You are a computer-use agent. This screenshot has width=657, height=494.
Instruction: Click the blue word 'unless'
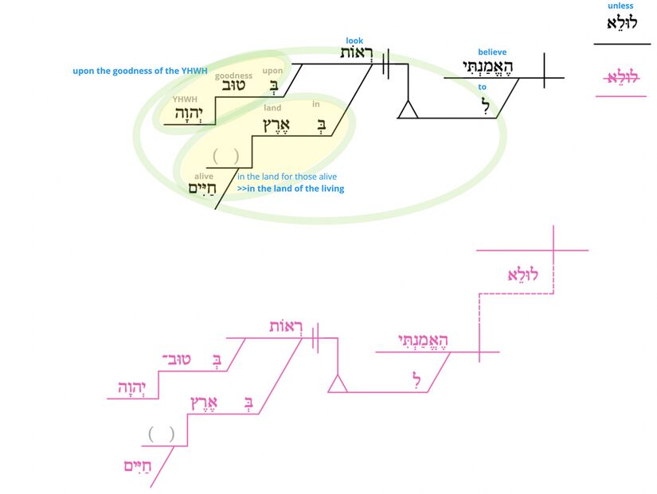(621, 6)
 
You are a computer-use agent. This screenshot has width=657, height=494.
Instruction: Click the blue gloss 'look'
(354, 41)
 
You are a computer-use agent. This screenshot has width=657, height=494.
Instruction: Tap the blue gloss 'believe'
(492, 53)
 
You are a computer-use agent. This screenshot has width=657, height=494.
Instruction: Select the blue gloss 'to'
(483, 88)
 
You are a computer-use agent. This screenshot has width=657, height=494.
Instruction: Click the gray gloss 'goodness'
(233, 76)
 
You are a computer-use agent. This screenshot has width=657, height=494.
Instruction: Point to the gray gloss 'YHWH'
(186, 99)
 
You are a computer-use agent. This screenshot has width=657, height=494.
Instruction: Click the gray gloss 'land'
(272, 108)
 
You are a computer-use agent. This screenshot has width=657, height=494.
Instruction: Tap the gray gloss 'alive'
(203, 177)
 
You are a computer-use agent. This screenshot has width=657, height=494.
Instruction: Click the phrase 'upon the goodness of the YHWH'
(140, 71)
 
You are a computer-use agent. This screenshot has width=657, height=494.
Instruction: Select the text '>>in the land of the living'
(291, 189)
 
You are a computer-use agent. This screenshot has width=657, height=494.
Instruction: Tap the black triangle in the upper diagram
(408, 110)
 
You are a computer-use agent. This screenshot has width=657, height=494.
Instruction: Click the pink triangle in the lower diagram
(338, 384)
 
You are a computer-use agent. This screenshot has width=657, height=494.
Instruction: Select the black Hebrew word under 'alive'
(203, 189)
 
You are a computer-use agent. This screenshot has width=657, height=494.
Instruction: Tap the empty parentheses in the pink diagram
(162, 434)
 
